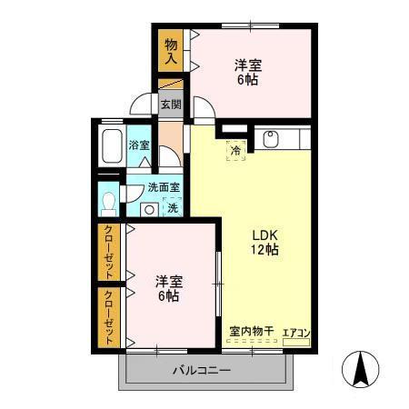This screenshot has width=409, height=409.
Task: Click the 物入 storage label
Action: (171, 50)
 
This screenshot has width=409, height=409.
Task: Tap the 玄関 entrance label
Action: (171, 104)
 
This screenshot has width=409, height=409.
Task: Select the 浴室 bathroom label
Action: (138, 145)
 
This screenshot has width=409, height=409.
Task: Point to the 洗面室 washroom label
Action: (164, 188)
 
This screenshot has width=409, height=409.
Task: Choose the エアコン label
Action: (296, 333)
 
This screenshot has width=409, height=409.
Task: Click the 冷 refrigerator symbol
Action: (235, 151)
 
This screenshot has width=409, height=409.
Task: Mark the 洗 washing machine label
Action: (171, 207)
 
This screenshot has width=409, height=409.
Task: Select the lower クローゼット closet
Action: (109, 316)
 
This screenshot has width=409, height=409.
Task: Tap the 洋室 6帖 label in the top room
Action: (246, 72)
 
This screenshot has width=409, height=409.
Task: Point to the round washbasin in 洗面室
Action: (147, 208)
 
